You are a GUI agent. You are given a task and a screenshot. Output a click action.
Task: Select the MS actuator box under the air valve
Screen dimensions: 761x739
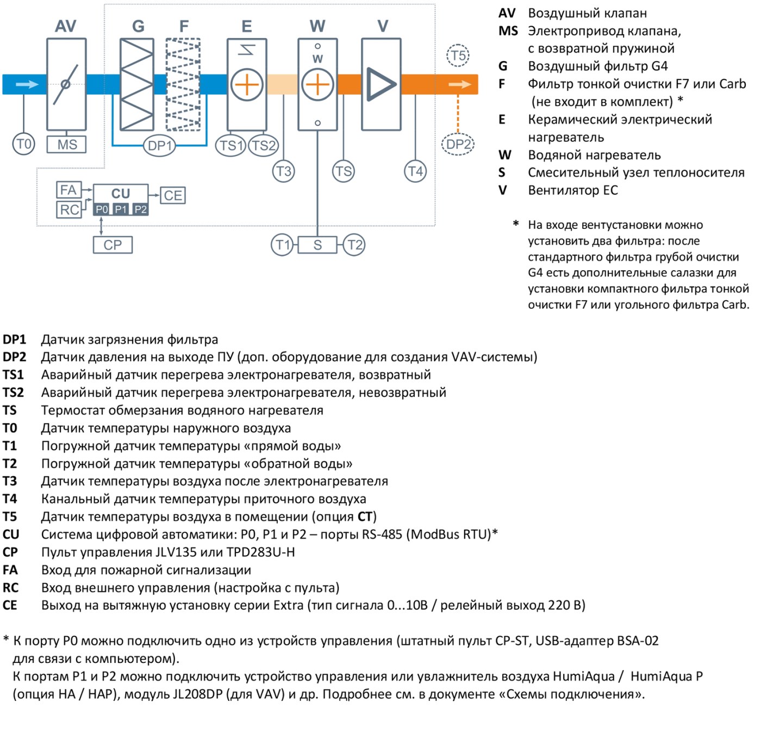pos(66,144)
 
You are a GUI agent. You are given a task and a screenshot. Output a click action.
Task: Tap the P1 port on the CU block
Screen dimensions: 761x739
pos(121,210)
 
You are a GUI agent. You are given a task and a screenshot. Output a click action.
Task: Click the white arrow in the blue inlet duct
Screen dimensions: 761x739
pos(27,84)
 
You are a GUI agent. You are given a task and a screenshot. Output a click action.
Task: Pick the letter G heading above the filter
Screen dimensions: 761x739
pos(138,26)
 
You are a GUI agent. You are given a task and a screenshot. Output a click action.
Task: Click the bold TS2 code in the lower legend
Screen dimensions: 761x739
pos(13,393)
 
